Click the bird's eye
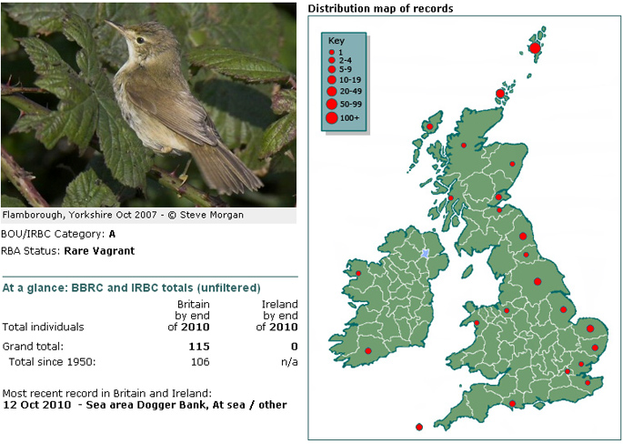[140, 40]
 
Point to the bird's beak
[115, 26]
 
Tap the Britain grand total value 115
[199, 347]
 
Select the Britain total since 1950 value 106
[200, 362]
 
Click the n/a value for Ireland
[289, 362]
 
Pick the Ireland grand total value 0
[294, 347]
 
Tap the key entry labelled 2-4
[340, 60]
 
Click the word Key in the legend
[337, 41]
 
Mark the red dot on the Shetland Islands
[535, 48]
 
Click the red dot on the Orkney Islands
[500, 94]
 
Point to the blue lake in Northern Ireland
[425, 253]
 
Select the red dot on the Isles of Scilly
[419, 428]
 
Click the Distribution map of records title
[381, 8]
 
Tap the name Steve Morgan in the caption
[212, 215]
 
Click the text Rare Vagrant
[99, 251]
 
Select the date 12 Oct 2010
[37, 405]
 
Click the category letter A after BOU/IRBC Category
[112, 234]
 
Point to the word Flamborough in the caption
[34, 216]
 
